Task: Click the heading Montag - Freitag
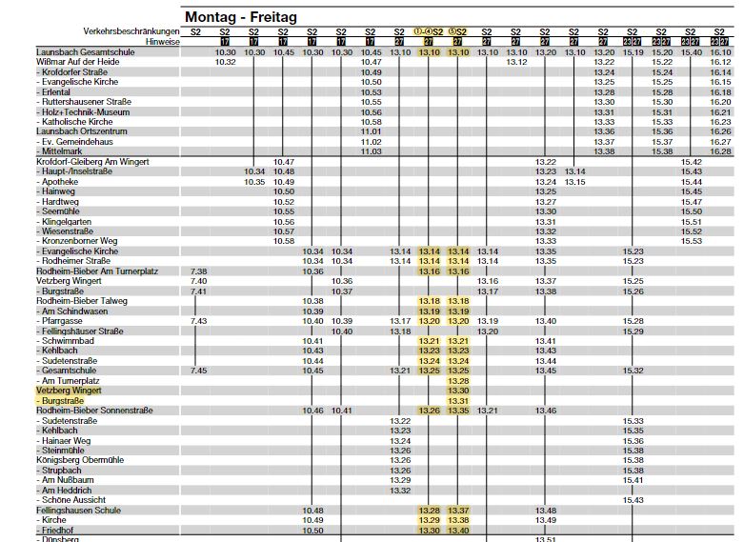pyautogui.click(x=241, y=17)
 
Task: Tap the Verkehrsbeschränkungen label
pyautogui.click(x=132, y=31)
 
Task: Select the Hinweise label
pyautogui.click(x=163, y=42)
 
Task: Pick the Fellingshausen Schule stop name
pyautogui.click(x=78, y=511)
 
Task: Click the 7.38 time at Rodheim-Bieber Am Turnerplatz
pyautogui.click(x=198, y=271)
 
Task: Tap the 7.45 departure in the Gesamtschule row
pyautogui.click(x=198, y=371)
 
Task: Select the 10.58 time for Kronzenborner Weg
pyautogui.click(x=284, y=241)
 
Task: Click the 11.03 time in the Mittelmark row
pyautogui.click(x=371, y=151)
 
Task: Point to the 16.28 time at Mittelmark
pyautogui.click(x=720, y=151)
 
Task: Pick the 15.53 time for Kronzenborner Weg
pyautogui.click(x=691, y=241)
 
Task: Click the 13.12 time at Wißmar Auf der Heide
pyautogui.click(x=516, y=62)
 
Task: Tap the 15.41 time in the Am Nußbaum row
pyautogui.click(x=633, y=480)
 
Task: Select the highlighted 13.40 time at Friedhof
pyautogui.click(x=458, y=531)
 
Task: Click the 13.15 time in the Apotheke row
pyautogui.click(x=574, y=181)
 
